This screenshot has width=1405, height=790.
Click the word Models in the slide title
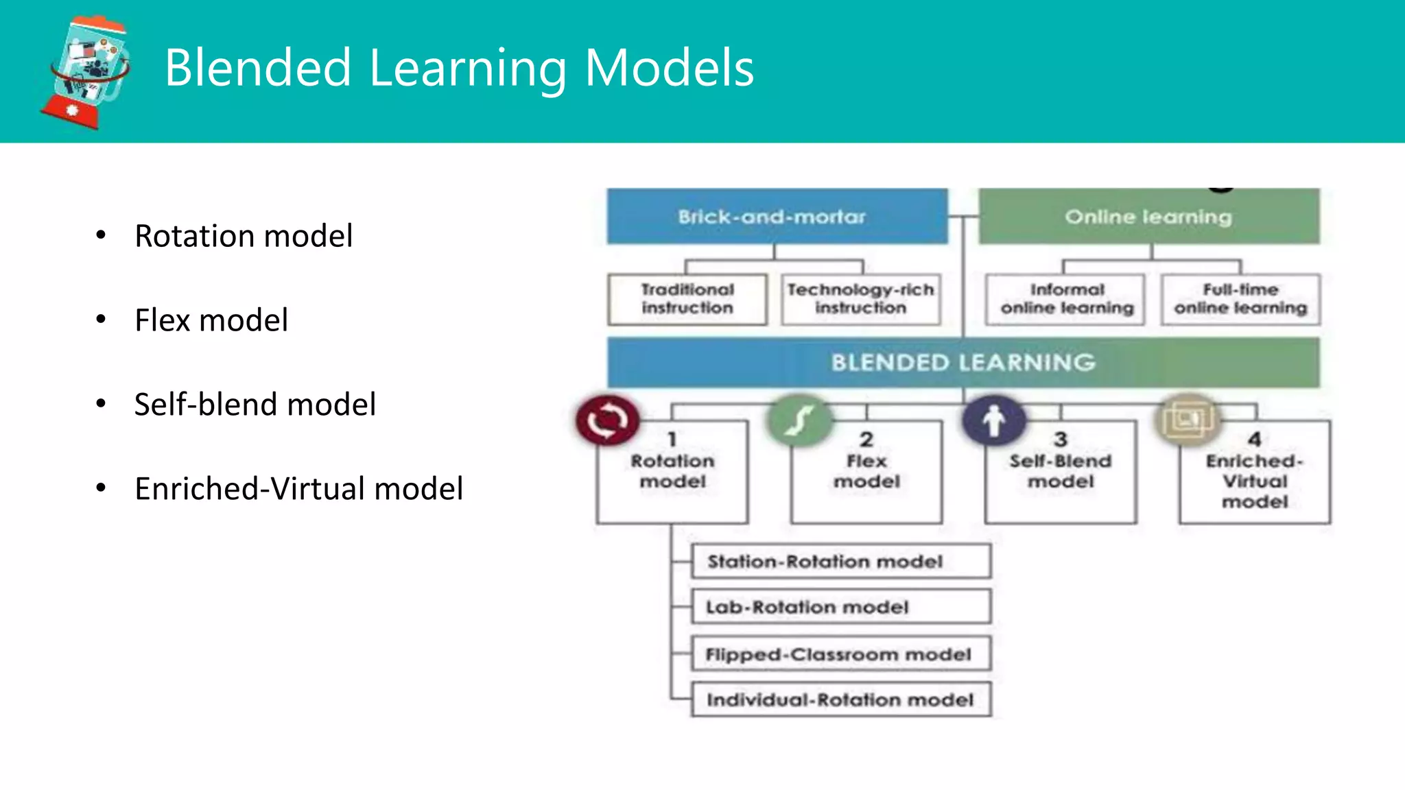click(669, 68)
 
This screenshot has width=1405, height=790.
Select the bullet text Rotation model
click(244, 236)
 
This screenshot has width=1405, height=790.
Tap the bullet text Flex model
click(211, 320)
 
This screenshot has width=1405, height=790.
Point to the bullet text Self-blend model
click(255, 405)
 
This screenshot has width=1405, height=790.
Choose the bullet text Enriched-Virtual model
click(298, 489)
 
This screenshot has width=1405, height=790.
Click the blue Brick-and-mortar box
click(777, 217)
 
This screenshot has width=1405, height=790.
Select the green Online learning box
click(1148, 217)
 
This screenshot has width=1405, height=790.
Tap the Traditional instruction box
click(687, 299)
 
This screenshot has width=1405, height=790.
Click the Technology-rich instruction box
click(860, 299)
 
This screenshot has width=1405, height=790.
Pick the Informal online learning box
click(1066, 299)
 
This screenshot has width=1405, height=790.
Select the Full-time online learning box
click(1240, 299)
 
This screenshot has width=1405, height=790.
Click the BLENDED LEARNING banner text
click(963, 362)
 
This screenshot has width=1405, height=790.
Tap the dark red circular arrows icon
click(608, 420)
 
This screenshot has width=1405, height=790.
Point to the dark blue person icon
click(993, 420)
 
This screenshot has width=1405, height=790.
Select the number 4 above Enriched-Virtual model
click(1255, 439)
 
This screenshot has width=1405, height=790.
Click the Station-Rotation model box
click(840, 562)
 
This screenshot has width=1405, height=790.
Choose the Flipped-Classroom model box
click(840, 654)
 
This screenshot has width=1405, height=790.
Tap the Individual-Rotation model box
click(840, 699)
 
